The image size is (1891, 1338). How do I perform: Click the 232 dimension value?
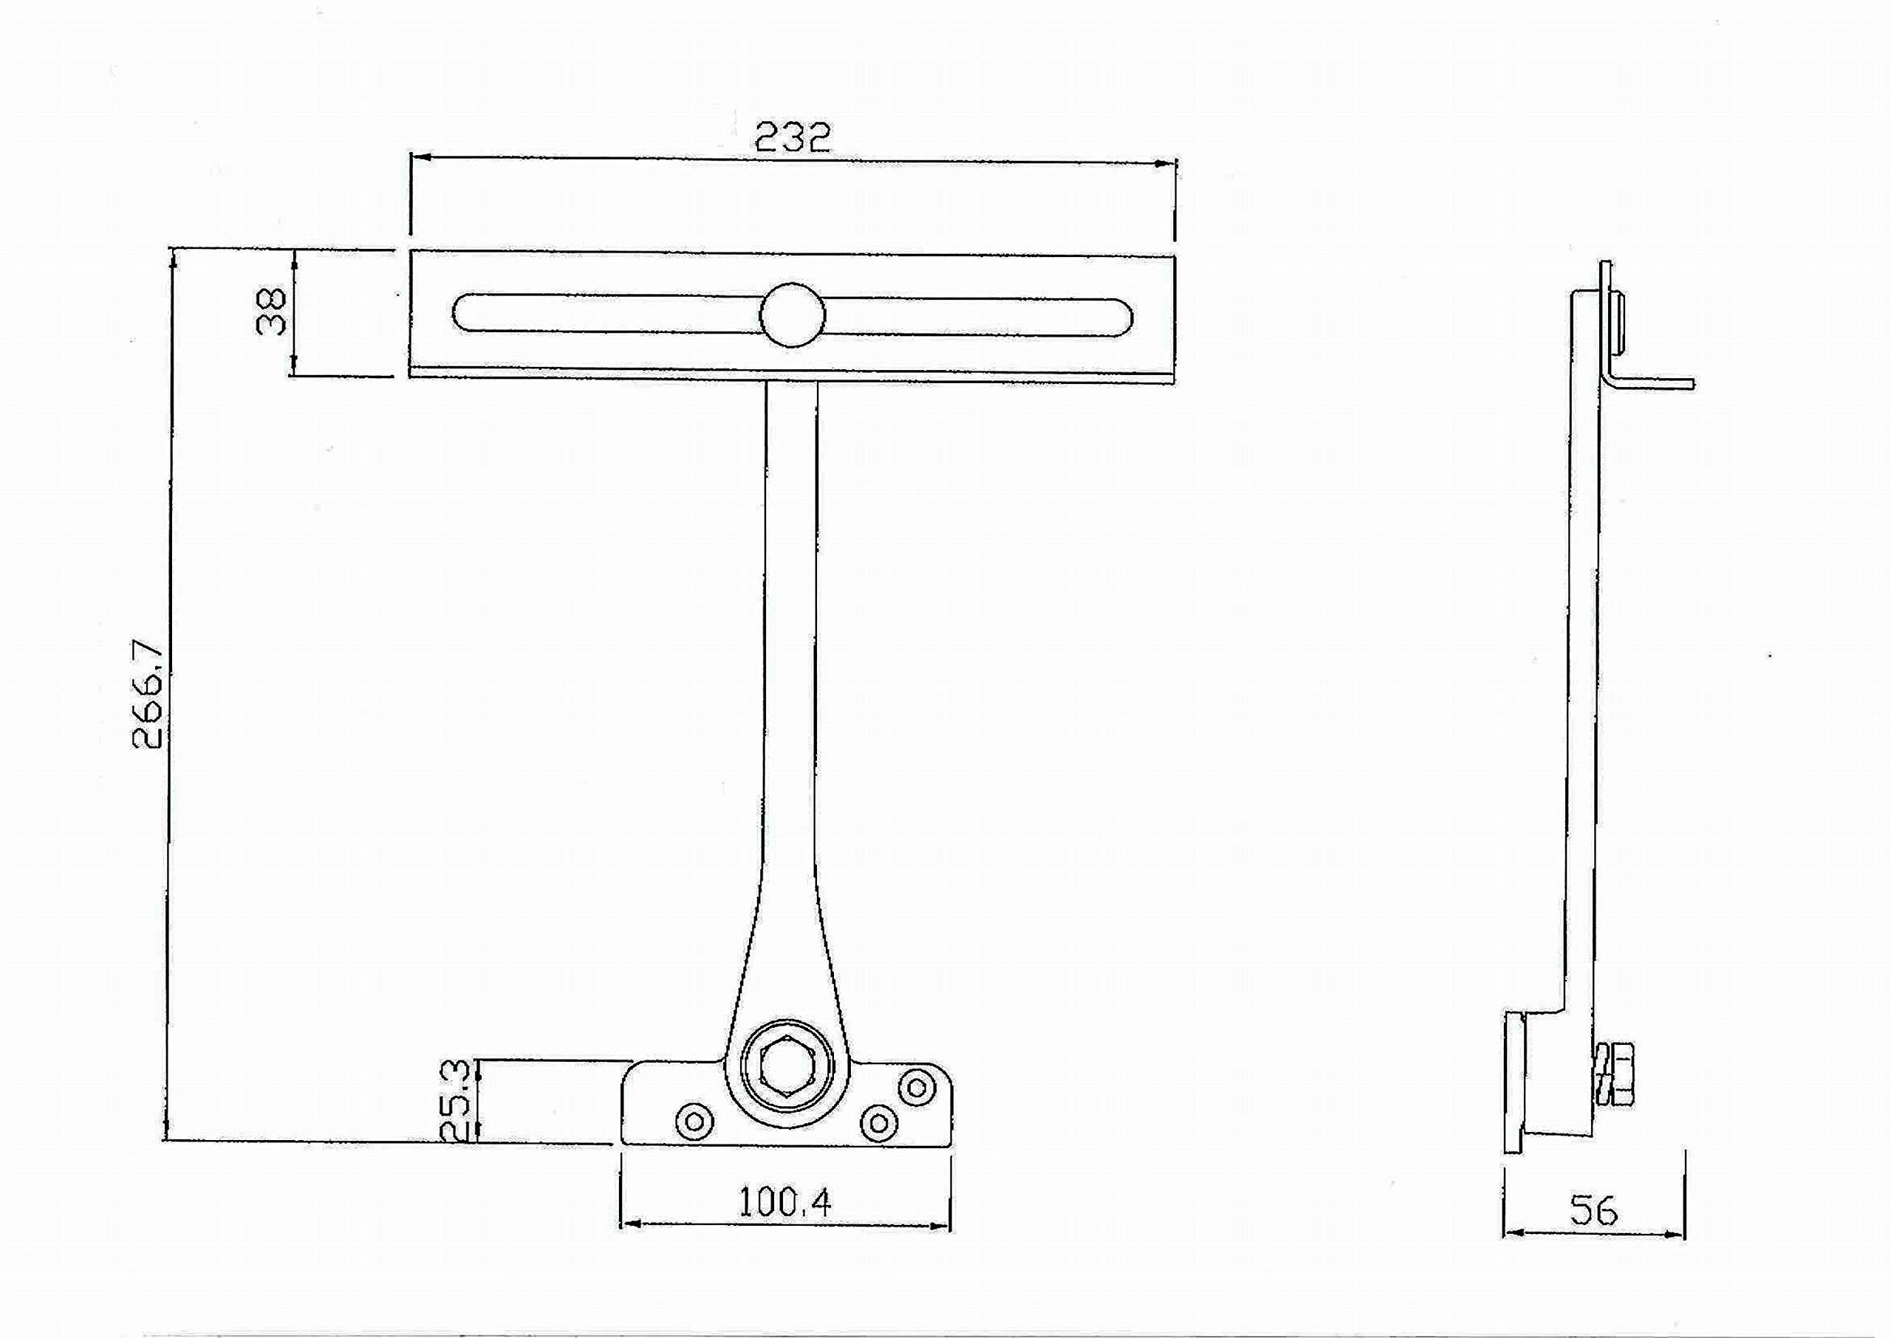(x=793, y=137)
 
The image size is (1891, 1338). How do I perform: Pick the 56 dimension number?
(x=1593, y=1210)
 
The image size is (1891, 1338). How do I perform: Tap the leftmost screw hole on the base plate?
(x=694, y=1119)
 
